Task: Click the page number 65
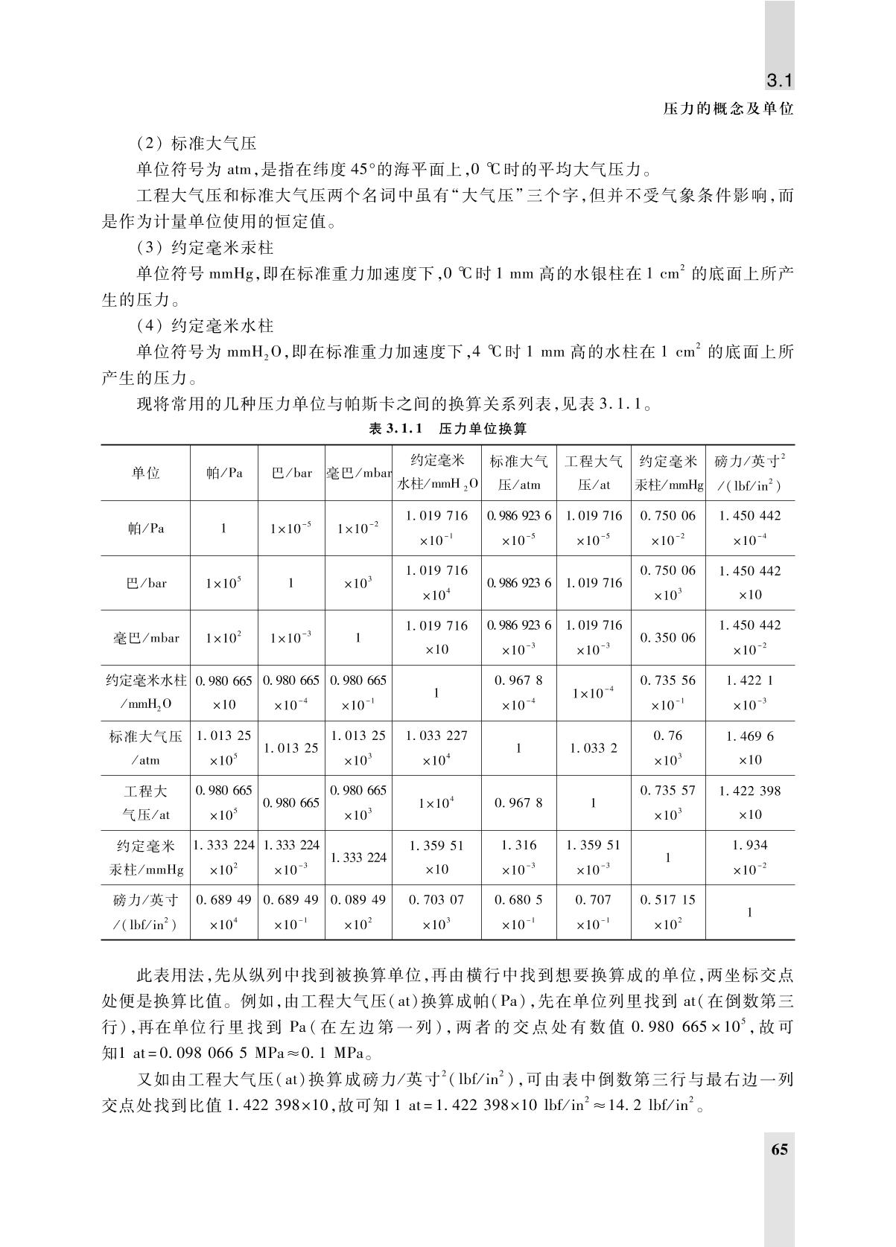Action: coord(779,1149)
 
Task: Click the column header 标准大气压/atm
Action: coord(519,473)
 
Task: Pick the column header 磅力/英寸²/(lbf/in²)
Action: coord(749,473)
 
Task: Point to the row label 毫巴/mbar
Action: coord(146,638)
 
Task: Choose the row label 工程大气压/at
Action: coord(146,803)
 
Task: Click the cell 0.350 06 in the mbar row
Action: coord(667,638)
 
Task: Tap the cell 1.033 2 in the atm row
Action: coord(593,748)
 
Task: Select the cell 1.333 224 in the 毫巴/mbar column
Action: coord(358,858)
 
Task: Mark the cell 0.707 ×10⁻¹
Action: coord(593,912)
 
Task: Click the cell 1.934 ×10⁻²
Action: coord(749,857)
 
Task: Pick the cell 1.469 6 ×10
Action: coord(749,747)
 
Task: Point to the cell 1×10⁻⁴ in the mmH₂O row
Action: coord(593,693)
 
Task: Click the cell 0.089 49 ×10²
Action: coord(358,912)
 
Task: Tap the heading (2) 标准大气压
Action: coord(197,142)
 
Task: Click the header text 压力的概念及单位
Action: coord(728,109)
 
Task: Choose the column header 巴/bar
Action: coord(291,473)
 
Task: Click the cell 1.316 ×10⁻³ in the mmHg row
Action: coord(519,857)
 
